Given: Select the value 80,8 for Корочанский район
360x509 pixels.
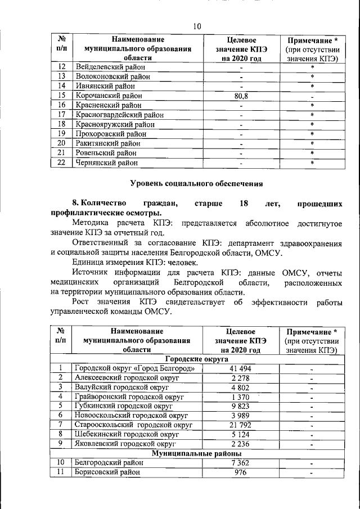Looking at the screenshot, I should (241, 96).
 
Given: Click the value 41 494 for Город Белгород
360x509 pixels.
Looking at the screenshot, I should (241, 368).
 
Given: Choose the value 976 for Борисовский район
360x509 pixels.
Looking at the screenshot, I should (241, 472).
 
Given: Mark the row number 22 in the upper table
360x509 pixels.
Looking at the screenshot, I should (62, 163).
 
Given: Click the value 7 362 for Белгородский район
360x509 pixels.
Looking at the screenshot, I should (241, 463).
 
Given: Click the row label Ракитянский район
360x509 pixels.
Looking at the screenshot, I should (106, 143).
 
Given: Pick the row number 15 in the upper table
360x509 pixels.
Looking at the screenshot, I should (62, 96).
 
